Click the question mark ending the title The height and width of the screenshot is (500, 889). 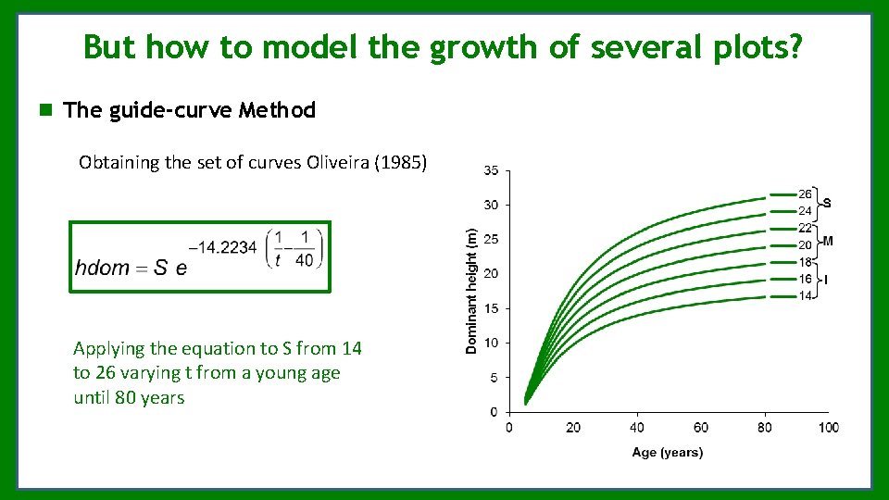(x=795, y=46)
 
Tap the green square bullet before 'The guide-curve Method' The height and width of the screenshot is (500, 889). (x=44, y=110)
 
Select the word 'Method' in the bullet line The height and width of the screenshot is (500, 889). (x=277, y=110)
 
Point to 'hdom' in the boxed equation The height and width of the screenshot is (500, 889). (x=102, y=269)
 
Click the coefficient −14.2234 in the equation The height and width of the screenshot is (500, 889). (x=222, y=247)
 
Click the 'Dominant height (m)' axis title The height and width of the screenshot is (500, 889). (x=471, y=291)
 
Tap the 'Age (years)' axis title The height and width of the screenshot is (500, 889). (x=667, y=453)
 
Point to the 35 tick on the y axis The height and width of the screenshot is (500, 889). (x=491, y=170)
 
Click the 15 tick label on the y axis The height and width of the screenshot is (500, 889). (x=491, y=308)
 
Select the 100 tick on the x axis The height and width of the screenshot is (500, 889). (x=829, y=428)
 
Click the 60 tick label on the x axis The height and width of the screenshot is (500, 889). (x=700, y=428)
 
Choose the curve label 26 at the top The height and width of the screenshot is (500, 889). (x=805, y=194)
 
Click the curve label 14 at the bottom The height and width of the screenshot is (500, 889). (x=805, y=296)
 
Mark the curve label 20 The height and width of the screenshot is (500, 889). (x=805, y=245)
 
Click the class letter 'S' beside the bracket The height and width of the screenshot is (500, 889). (x=826, y=203)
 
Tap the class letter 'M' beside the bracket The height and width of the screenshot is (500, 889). (x=827, y=241)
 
